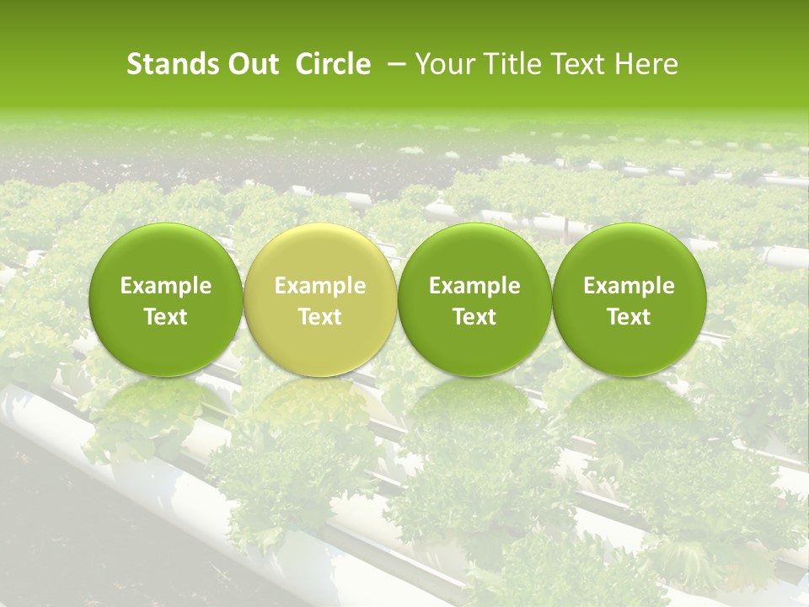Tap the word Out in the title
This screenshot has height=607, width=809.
click(x=251, y=64)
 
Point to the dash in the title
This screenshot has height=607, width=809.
click(x=394, y=64)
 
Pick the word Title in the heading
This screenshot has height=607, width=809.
click(x=504, y=64)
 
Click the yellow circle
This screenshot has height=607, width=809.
click(x=320, y=299)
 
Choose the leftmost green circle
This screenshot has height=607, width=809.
click(x=166, y=299)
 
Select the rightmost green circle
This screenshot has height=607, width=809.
click(x=630, y=299)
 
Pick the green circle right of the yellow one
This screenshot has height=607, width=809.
click(x=474, y=299)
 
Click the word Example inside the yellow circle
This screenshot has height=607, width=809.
click(x=320, y=286)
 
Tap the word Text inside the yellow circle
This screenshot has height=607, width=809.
click(x=320, y=317)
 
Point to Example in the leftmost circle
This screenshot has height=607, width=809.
click(x=166, y=286)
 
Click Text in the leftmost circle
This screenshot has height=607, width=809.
click(x=166, y=317)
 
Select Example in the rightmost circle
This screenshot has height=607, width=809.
click(x=630, y=286)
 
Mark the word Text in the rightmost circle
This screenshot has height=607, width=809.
click(x=630, y=317)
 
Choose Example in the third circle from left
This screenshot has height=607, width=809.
click(x=474, y=286)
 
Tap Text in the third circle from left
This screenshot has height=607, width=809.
click(x=474, y=317)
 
